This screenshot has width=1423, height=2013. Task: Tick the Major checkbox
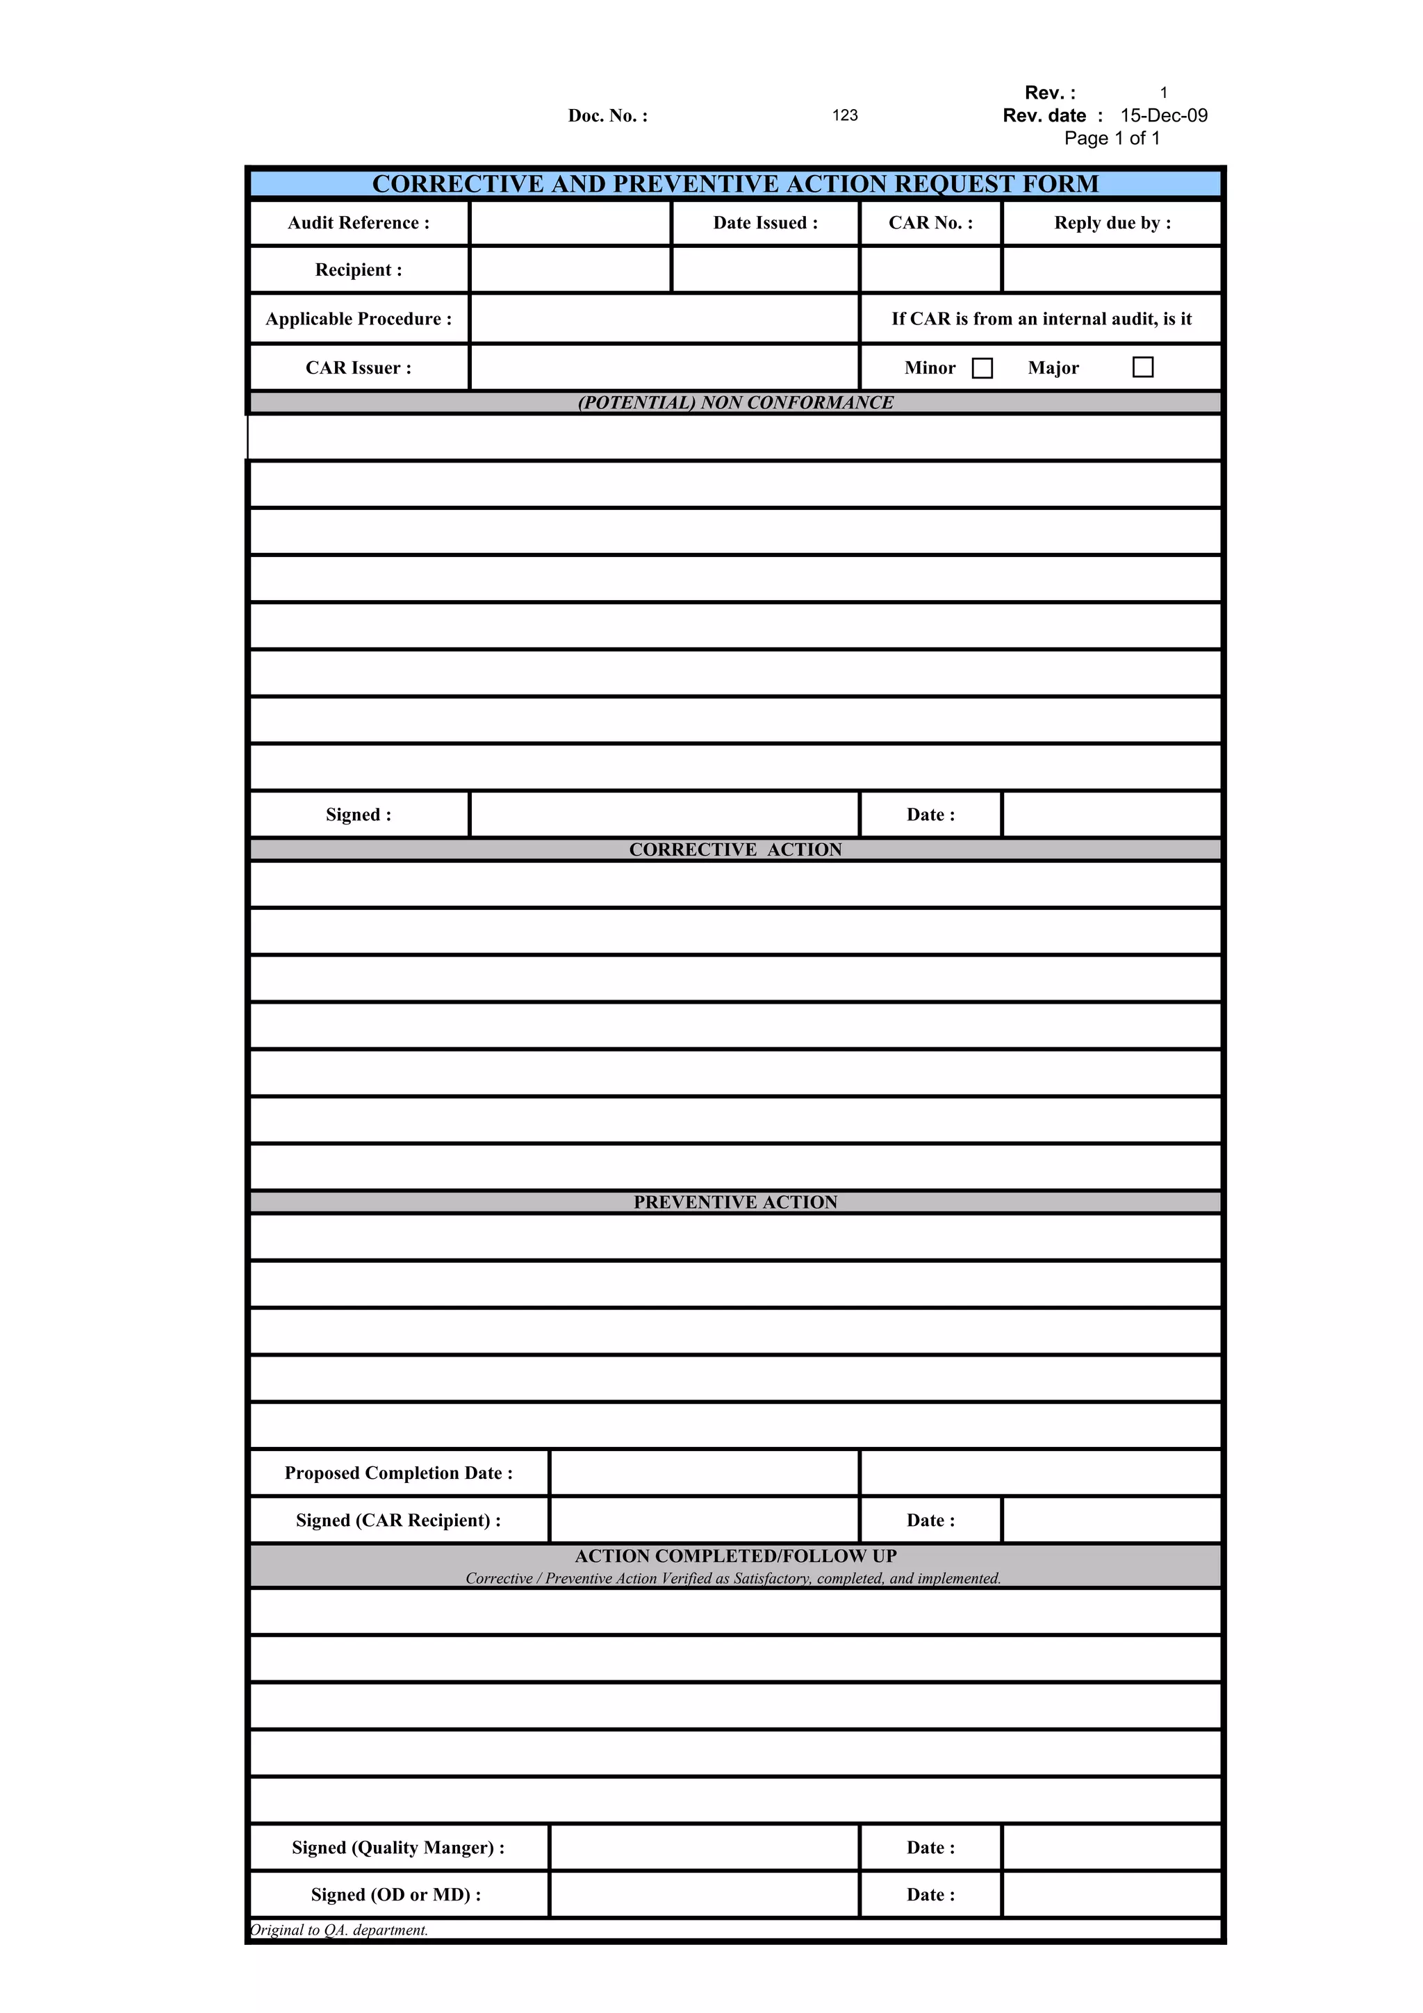pyautogui.click(x=1142, y=367)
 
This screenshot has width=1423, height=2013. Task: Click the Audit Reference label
pyautogui.click(x=359, y=224)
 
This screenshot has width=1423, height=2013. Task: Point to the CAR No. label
pyautogui.click(x=930, y=224)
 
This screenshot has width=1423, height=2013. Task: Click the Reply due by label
pyautogui.click(x=1112, y=224)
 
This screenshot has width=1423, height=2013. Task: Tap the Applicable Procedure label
pyautogui.click(x=359, y=319)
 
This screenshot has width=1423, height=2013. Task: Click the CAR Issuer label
pyautogui.click(x=359, y=368)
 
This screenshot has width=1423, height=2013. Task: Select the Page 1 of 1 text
pyautogui.click(x=1112, y=138)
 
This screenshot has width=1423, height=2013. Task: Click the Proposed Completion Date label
pyautogui.click(x=398, y=1473)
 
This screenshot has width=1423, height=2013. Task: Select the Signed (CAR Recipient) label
pyautogui.click(x=398, y=1521)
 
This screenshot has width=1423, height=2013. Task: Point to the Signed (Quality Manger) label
pyautogui.click(x=398, y=1847)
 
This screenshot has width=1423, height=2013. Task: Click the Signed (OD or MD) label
pyautogui.click(x=395, y=1895)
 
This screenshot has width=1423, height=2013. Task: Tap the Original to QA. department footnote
pyautogui.click(x=339, y=1930)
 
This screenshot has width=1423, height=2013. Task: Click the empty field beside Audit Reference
pyautogui.click(x=570, y=224)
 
